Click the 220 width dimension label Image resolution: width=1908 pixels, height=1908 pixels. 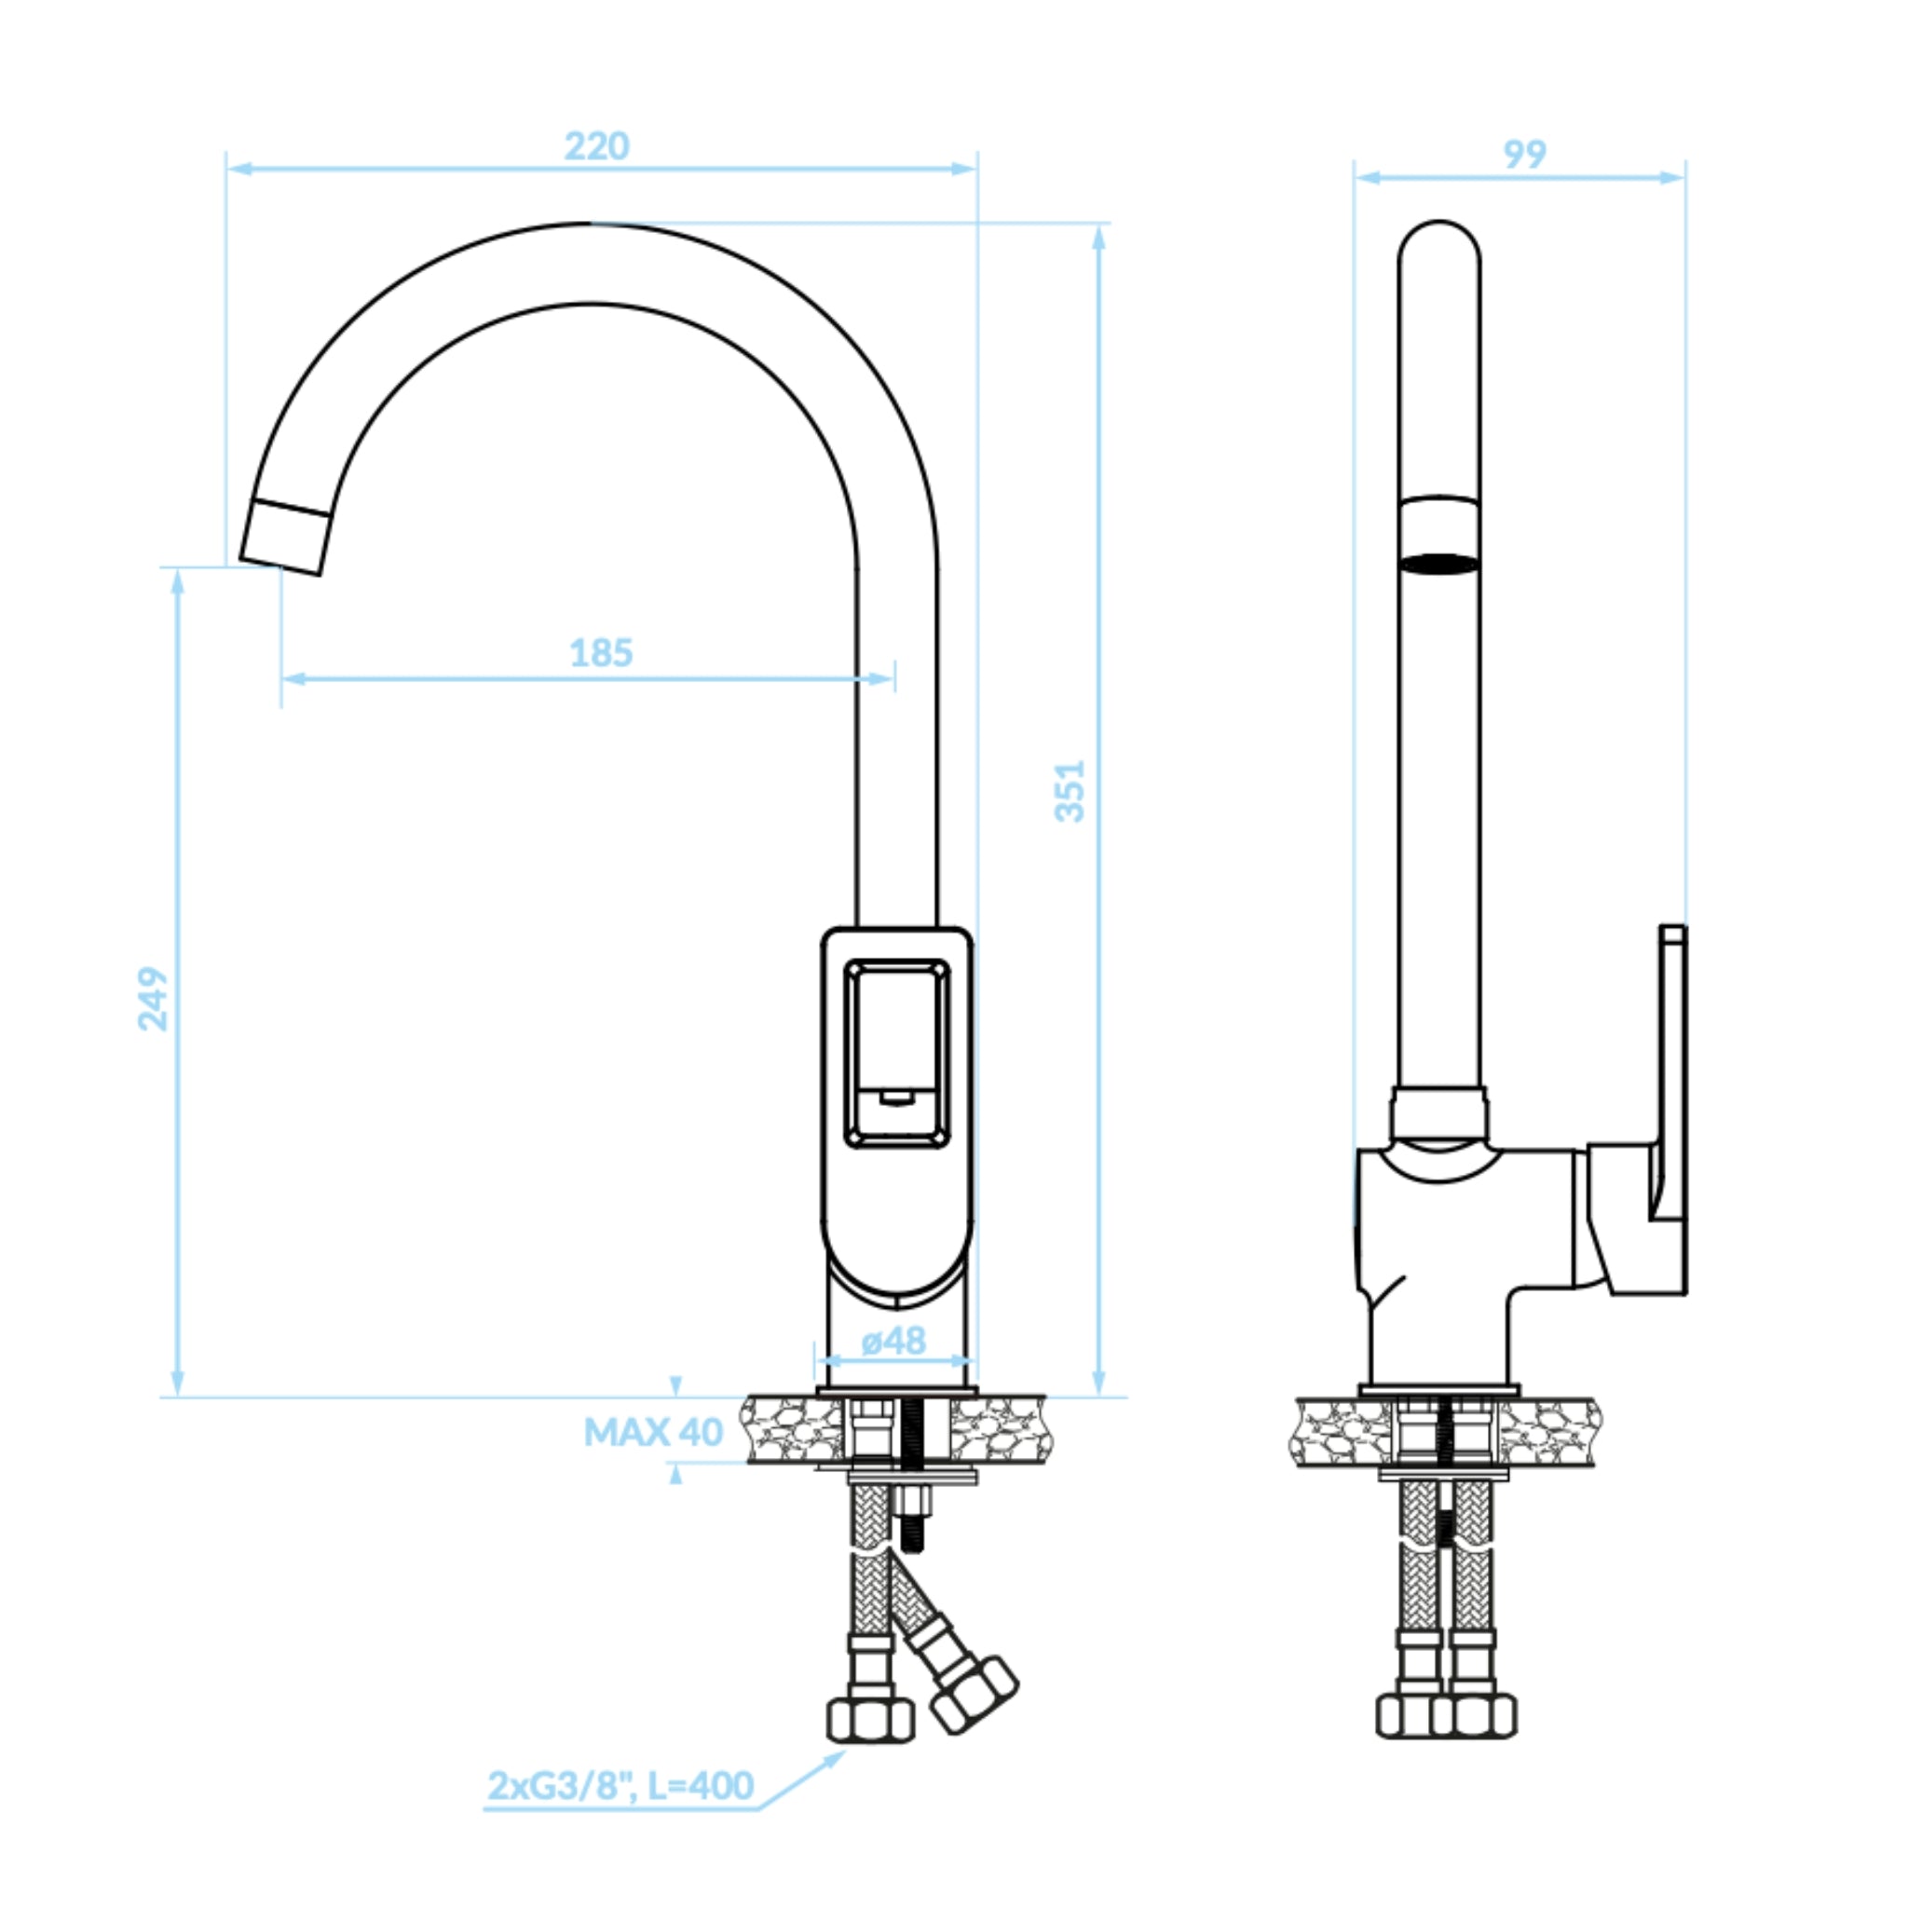pos(596,146)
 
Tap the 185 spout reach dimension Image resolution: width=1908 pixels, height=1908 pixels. pos(601,653)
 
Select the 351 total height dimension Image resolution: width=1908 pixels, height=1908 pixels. pos(1070,791)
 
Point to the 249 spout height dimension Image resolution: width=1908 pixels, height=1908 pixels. pos(152,1000)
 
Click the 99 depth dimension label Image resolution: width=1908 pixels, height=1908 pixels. pos(1524,154)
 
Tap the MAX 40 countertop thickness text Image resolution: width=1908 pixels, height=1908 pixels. pos(653,1432)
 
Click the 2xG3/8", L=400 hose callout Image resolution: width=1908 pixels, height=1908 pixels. pos(620,1786)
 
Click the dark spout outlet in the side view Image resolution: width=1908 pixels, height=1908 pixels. pos(1438,564)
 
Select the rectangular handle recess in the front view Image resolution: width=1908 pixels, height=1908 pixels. pos(897,1055)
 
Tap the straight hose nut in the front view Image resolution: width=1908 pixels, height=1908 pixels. pos(870,1720)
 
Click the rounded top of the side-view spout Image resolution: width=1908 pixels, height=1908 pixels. pos(1438,242)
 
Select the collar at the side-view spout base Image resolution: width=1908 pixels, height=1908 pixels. pos(1438,1116)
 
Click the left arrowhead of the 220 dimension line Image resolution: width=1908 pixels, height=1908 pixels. pos(240,169)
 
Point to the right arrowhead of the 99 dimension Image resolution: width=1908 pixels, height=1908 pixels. pos(1672,178)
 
